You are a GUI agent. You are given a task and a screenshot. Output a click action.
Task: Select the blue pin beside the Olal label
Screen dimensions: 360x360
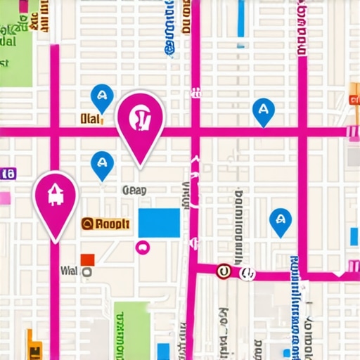pos(102,97)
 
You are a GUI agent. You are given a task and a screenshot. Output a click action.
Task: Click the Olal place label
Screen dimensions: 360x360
pos(91,120)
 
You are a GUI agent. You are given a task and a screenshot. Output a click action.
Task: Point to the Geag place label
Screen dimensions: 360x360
pos(134,190)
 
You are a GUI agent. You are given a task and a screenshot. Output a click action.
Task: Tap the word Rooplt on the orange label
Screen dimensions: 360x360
pos(112,224)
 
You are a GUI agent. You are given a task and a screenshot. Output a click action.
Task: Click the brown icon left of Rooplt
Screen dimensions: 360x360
pos(88,224)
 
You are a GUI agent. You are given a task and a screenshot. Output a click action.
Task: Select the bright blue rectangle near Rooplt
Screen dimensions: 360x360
pos(158,223)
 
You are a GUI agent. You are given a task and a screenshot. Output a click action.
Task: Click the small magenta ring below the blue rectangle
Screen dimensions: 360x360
pos(142,246)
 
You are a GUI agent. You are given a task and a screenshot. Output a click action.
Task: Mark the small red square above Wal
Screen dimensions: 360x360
pos(87,259)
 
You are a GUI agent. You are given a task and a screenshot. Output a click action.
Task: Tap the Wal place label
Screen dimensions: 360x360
pos(69,270)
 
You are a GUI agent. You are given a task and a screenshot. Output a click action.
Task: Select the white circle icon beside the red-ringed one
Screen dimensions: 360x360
pos(246,273)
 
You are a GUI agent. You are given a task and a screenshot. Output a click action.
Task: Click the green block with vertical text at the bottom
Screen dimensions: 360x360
pos(132,330)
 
